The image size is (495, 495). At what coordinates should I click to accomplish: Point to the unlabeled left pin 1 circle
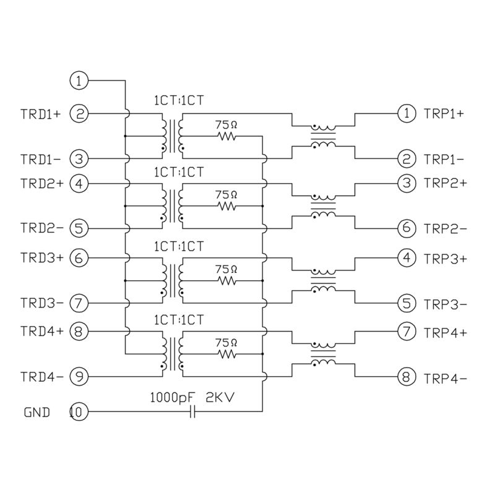(79, 80)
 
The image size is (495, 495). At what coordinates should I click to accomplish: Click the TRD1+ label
(41, 114)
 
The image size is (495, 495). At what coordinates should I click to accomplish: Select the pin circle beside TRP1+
(406, 114)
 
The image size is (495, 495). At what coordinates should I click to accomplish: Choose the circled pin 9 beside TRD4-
(79, 376)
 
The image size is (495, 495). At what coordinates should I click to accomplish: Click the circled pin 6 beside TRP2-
(406, 228)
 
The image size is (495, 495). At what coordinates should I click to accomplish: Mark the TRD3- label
(41, 303)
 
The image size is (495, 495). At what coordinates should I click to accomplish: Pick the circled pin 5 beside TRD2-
(79, 228)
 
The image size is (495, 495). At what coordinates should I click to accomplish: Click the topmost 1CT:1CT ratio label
(179, 100)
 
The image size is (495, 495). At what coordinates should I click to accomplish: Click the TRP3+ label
(445, 259)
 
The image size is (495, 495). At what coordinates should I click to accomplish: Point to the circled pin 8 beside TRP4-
(406, 376)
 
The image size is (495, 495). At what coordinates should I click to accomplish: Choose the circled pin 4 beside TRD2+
(79, 183)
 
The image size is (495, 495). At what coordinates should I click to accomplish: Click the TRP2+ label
(445, 184)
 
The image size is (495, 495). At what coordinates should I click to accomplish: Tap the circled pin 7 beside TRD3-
(79, 303)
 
